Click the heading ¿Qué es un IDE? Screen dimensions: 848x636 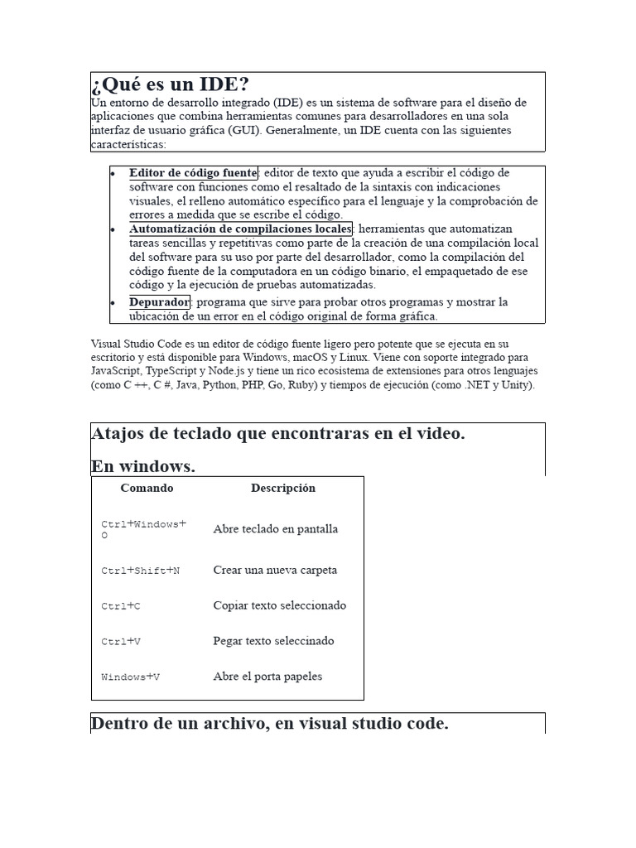tap(170, 84)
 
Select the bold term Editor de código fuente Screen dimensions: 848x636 tap(193, 173)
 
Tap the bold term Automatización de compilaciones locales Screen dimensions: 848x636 tap(240, 229)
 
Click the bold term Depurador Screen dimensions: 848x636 tap(159, 301)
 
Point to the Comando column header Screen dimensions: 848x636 tap(147, 489)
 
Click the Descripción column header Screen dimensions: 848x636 tap(283, 489)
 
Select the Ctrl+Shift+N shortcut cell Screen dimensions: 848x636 tap(140, 571)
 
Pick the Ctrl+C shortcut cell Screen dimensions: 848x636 tap(121, 606)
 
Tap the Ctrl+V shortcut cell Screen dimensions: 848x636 tap(121, 641)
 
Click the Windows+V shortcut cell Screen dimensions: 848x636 tap(130, 677)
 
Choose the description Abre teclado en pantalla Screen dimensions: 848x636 tap(275, 529)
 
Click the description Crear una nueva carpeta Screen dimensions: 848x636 tap(275, 571)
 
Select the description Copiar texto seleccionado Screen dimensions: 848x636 tap(279, 605)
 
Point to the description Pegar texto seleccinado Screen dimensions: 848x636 tap(273, 641)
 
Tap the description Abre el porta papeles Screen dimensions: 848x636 tap(267, 677)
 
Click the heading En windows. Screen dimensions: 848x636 tap(143, 466)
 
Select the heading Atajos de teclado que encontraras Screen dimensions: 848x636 tap(277, 434)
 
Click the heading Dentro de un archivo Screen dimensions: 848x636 tap(269, 723)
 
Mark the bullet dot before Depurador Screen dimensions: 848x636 tap(112, 303)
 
